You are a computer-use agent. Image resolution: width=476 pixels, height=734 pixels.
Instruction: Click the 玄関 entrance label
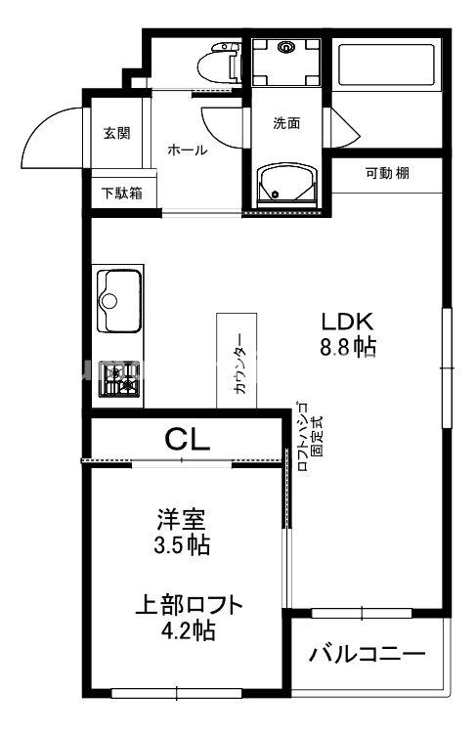click(x=116, y=133)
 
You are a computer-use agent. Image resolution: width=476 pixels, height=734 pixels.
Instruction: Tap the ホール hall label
click(x=187, y=150)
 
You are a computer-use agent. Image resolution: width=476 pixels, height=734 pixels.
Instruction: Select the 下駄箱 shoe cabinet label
click(x=122, y=193)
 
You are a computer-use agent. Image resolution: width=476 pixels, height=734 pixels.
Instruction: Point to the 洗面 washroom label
click(x=285, y=124)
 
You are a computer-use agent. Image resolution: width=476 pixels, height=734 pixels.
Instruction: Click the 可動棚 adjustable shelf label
click(x=387, y=174)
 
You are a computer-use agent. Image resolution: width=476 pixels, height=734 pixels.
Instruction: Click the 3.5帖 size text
click(x=183, y=545)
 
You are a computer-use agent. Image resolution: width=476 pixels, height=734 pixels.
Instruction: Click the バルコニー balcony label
click(x=368, y=653)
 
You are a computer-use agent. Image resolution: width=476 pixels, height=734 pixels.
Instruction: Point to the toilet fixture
click(x=217, y=66)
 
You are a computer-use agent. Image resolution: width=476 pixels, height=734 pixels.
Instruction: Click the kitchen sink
click(x=118, y=301)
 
